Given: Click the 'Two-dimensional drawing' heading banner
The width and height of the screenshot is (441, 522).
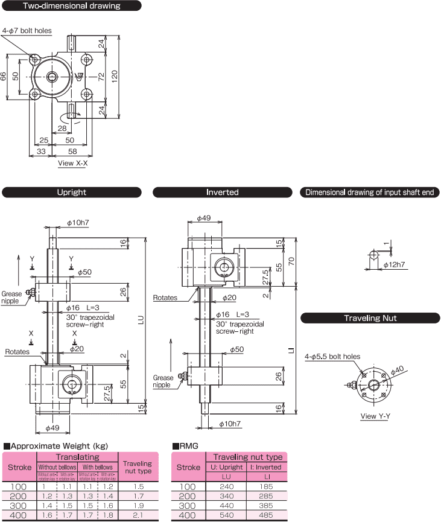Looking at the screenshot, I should click(x=71, y=6).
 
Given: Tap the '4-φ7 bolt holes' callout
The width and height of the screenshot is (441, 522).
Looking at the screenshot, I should click(x=27, y=31).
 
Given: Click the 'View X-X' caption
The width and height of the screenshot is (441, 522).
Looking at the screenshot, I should click(x=72, y=163).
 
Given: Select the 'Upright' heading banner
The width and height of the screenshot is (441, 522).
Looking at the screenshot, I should click(x=71, y=193).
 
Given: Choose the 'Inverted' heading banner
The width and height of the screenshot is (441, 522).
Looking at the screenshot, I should click(x=223, y=193).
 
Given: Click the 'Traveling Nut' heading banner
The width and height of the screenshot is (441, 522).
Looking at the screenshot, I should click(x=370, y=318).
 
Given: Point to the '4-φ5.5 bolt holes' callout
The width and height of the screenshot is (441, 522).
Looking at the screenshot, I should click(x=332, y=356).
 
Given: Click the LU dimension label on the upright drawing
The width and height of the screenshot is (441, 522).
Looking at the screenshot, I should click(x=141, y=322).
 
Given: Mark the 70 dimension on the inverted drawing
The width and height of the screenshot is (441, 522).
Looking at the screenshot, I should click(x=291, y=261).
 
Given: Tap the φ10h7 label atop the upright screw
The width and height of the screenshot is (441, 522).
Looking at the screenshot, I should click(x=77, y=223).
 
